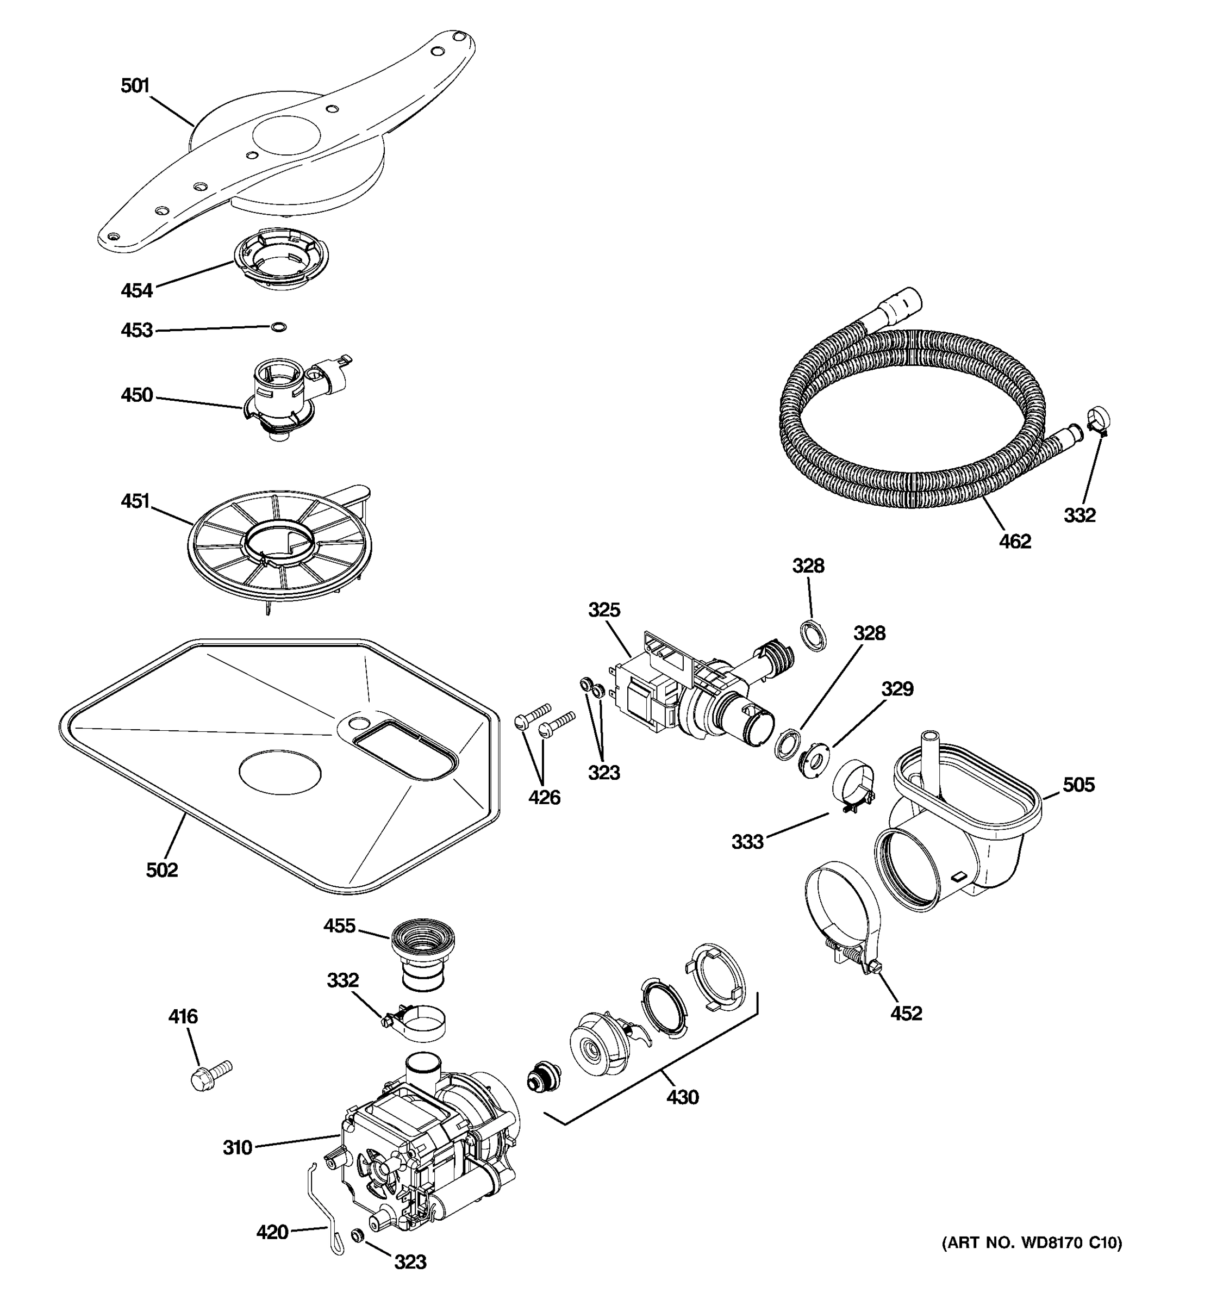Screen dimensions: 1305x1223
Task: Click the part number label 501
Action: click(x=135, y=86)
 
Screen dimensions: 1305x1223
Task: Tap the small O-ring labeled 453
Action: click(x=279, y=327)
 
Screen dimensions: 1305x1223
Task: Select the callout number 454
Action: click(x=136, y=290)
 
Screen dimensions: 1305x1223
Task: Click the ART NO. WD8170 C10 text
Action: click(x=1032, y=1242)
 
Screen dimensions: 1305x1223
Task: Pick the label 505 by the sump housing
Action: click(x=1078, y=785)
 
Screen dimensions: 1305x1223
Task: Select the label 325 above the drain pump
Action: click(x=604, y=610)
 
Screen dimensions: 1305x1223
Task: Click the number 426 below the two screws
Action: click(x=544, y=798)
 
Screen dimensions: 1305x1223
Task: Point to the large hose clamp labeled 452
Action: click(x=844, y=919)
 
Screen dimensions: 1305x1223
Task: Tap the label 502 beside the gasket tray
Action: click(x=162, y=870)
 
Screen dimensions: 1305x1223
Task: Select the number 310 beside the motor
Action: click(x=238, y=1147)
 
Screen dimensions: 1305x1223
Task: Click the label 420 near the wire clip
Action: click(x=272, y=1232)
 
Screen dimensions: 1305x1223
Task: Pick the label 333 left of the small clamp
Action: click(x=747, y=842)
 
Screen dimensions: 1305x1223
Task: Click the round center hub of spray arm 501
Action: click(x=286, y=141)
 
